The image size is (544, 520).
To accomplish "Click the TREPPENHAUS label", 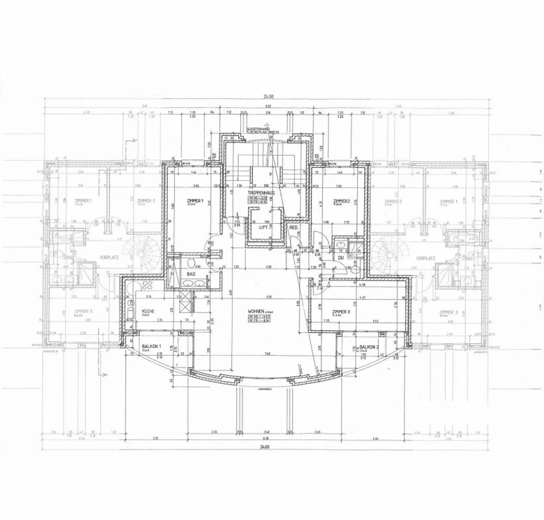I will point(261,192).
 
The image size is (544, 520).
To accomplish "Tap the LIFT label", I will point(263,228).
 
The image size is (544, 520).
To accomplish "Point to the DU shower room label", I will point(340,258).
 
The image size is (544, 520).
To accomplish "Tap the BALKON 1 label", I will point(151,346).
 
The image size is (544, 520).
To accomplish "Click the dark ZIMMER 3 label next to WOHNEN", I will point(341,311).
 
